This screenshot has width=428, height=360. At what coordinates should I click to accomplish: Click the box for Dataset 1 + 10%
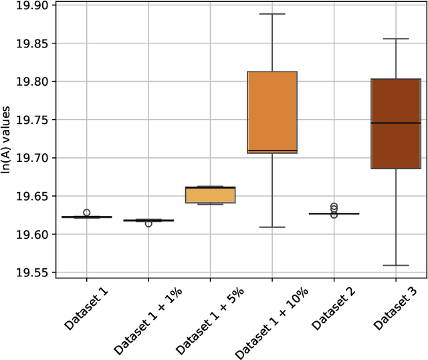pyautogui.click(x=272, y=110)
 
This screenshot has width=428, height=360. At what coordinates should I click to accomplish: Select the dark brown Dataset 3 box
pyautogui.click(x=396, y=124)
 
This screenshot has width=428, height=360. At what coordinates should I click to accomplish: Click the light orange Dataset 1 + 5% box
pyautogui.click(x=210, y=194)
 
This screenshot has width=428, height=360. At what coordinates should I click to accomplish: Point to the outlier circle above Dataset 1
pyautogui.click(x=86, y=212)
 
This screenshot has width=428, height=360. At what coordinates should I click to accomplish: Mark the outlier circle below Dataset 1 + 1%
pyautogui.click(x=148, y=223)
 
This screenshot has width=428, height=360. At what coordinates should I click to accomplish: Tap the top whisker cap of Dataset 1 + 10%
pyautogui.click(x=272, y=14)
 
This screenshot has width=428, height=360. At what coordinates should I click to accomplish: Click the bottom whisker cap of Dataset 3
pyautogui.click(x=396, y=266)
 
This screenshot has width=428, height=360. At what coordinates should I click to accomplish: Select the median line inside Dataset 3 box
pyautogui.click(x=396, y=123)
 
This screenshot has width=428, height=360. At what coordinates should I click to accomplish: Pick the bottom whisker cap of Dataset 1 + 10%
pyautogui.click(x=272, y=228)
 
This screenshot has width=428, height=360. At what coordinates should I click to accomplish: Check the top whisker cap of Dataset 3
pyautogui.click(x=396, y=39)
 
